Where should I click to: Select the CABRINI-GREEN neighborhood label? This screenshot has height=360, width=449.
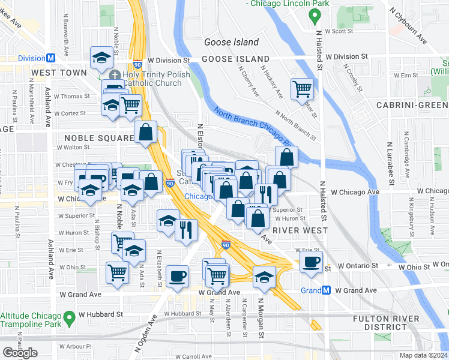(x=412, y=105)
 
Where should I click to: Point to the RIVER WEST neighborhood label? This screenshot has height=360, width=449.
(x=300, y=230)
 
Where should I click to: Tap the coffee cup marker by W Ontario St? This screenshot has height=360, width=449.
(x=311, y=262)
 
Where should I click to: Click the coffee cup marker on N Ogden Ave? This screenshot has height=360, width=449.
(x=177, y=276)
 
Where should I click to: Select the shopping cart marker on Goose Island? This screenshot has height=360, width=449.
(x=302, y=89)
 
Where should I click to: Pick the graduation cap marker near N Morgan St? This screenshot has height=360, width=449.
(x=264, y=277)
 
